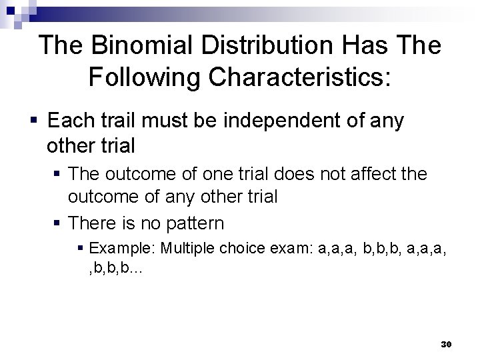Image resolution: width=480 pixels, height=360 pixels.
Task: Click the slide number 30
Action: coord(446,344)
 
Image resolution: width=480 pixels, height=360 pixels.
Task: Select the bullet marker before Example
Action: coord(81,249)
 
